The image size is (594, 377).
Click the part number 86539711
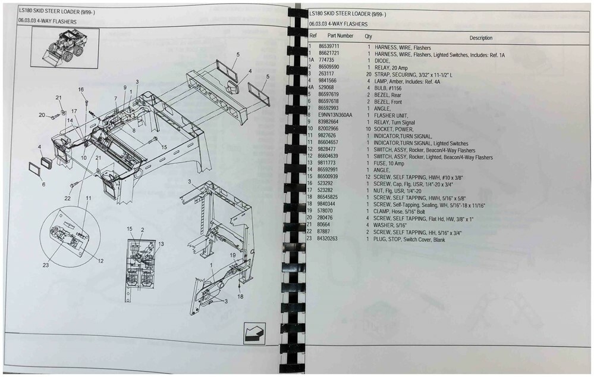click(329, 47)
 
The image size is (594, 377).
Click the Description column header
click(480, 38)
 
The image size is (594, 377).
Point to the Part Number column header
click(340, 36)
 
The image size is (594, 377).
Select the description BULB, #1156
click(390, 88)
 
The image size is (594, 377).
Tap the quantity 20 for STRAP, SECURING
click(368, 74)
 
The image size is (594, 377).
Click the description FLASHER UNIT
click(392, 116)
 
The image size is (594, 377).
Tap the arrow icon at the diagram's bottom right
click(254, 332)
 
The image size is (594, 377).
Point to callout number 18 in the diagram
click(240, 296)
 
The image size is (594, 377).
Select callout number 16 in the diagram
click(81, 89)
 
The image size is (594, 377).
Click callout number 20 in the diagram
click(42, 115)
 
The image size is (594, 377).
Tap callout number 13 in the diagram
click(161, 244)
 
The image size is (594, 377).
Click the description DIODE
click(384, 61)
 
